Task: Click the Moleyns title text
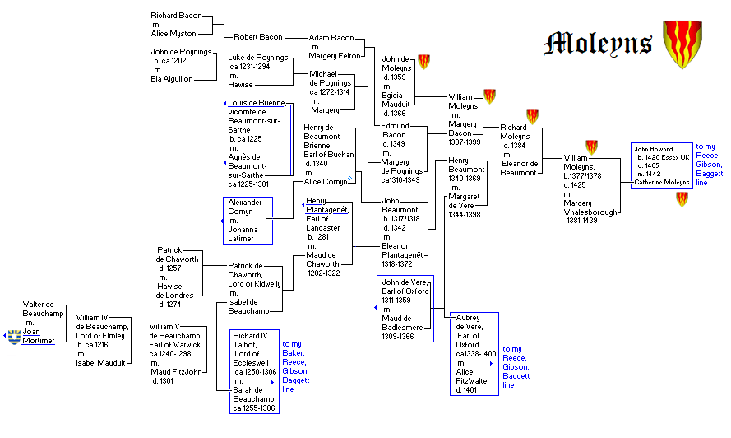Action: (x=599, y=43)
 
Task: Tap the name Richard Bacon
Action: (x=175, y=16)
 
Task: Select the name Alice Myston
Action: (x=173, y=34)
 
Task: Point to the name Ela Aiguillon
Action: (x=172, y=79)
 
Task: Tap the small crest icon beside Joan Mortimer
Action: (x=13, y=336)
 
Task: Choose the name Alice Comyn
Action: (x=325, y=182)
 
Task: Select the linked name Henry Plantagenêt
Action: (x=327, y=205)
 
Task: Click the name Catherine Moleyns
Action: (x=661, y=182)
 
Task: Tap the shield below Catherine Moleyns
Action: (x=682, y=199)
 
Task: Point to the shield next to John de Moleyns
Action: (x=424, y=61)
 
